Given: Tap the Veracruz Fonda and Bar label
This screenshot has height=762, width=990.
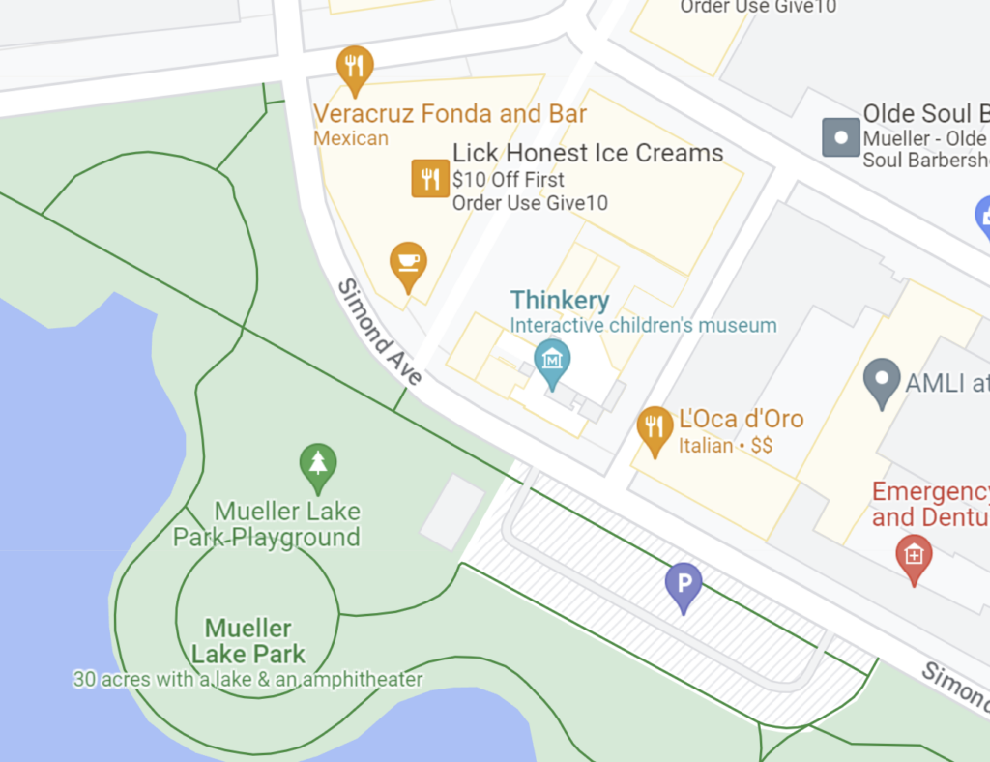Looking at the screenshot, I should pos(450,114).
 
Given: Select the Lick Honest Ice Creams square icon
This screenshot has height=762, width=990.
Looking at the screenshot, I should pos(430,178).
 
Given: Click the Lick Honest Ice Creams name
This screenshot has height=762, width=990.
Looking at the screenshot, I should pos(588,153).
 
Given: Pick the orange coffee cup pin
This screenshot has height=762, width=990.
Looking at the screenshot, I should pos(408,263).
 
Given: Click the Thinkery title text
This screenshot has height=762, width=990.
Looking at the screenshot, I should pos(560,300).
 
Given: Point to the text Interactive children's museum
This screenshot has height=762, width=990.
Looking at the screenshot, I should pos(643,325).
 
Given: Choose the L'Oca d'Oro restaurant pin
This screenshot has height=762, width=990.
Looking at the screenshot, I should pos(655,427).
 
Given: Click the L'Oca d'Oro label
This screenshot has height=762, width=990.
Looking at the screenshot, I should pos(741,419).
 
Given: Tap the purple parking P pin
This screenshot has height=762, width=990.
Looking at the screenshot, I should pos(684,585).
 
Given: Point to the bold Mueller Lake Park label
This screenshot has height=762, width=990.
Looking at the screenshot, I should pos(248,641).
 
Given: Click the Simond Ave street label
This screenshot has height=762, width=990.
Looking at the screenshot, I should pos(379,332).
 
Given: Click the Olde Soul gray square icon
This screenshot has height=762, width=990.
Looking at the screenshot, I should pos(840,137).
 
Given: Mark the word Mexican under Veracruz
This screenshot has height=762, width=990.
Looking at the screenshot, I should pos(351,138).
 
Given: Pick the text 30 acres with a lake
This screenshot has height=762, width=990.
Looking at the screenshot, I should pos(247,679).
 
